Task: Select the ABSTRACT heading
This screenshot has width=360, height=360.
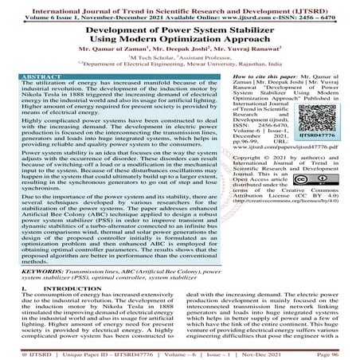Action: [x=25, y=77]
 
